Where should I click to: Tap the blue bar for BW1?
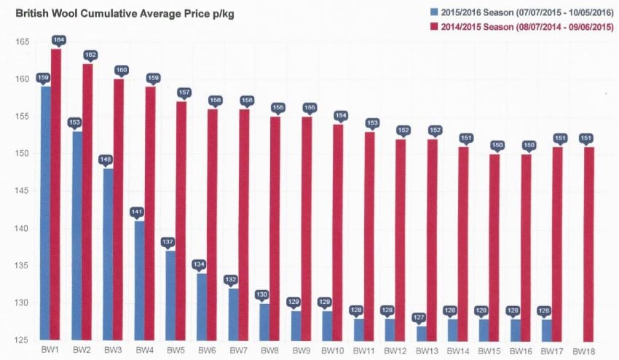coord(46,211)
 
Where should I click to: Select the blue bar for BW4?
coord(140,281)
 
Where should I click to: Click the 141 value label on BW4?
coord(137,211)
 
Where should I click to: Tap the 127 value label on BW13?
coord(419,317)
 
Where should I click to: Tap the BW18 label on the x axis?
coord(583,351)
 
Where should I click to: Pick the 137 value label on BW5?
coord(168,241)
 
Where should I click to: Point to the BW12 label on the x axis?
coord(395,351)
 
